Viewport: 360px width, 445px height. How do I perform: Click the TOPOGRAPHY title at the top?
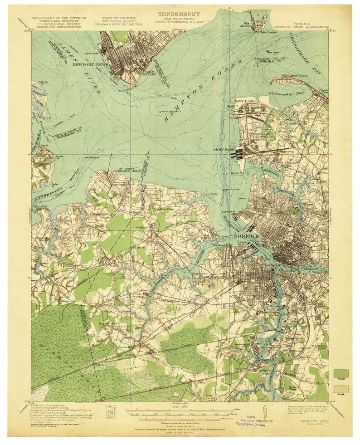pos(178,14)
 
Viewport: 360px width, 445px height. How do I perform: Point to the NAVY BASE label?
pos(243,100)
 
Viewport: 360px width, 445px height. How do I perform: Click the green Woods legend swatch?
pos(341,373)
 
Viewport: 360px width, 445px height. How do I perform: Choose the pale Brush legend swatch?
pos(341,389)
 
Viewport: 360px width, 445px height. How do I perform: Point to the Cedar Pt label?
pos(55,185)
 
